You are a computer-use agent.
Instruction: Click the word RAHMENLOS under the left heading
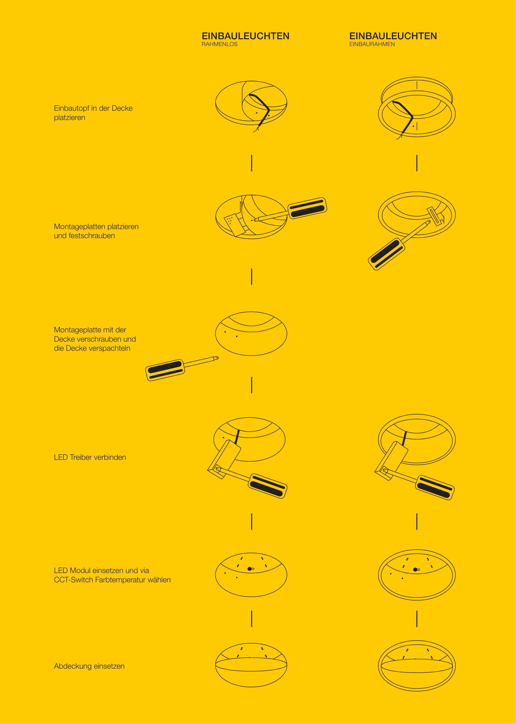click(220, 44)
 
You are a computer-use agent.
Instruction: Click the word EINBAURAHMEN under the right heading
click(372, 44)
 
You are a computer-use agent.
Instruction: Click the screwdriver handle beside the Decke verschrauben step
click(165, 370)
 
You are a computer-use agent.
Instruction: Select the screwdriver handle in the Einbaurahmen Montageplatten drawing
click(386, 254)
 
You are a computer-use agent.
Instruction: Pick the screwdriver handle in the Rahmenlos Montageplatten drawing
click(307, 208)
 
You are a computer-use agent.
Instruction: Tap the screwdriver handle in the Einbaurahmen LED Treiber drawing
click(435, 488)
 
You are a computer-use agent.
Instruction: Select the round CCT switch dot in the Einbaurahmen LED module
click(415, 570)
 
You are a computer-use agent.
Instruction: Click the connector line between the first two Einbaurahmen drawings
click(417, 163)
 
